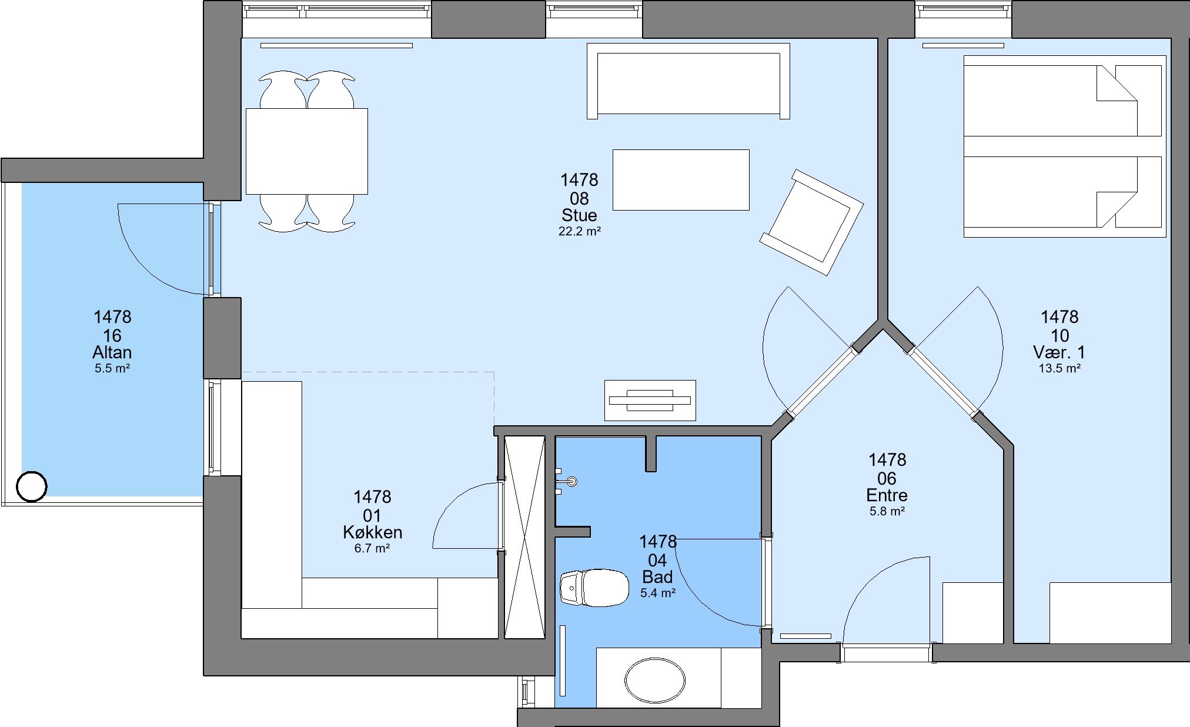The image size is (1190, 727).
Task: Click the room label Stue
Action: (x=579, y=215)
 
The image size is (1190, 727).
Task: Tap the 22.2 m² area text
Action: (x=579, y=232)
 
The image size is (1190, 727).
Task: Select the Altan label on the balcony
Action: (x=112, y=352)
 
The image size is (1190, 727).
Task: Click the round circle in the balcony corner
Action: (x=32, y=487)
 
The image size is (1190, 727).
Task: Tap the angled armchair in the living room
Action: (x=811, y=222)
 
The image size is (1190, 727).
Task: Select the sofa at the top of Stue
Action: (x=688, y=81)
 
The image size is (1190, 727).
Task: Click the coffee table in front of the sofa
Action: (x=681, y=179)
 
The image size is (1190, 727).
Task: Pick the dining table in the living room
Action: (x=307, y=151)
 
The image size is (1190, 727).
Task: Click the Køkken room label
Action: (x=373, y=532)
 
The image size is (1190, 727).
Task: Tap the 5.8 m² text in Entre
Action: (x=887, y=512)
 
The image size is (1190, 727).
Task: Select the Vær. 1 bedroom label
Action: (x=1059, y=352)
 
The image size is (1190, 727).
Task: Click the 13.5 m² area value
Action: (x=1059, y=369)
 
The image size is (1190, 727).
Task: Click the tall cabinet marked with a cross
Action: (x=524, y=536)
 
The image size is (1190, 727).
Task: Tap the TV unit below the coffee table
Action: (x=650, y=400)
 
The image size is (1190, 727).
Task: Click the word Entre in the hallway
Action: (x=887, y=495)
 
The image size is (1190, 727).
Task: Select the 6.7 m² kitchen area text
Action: (x=373, y=549)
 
